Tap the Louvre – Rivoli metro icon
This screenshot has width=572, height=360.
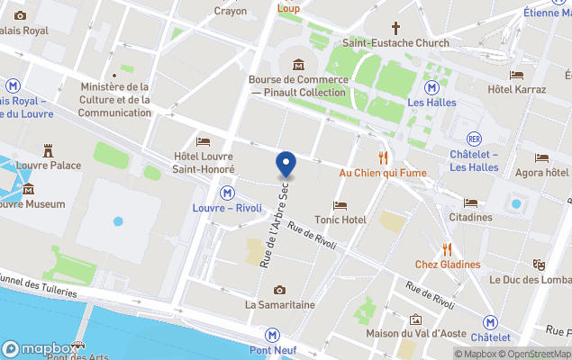pos(227,193)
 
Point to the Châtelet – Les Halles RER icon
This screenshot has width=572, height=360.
pos(474,139)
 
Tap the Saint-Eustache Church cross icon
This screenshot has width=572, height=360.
pos(395,28)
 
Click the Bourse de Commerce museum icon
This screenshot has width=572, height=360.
pos(298,65)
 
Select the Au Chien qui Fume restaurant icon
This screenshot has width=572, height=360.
pos(383,157)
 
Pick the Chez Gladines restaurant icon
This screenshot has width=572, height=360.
pos(447,249)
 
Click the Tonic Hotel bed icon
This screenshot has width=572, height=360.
pos(340,205)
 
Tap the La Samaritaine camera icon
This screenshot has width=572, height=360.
pos(280,290)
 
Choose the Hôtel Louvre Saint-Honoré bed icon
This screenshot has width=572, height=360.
pos(204,141)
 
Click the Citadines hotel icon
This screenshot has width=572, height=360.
pos(470,202)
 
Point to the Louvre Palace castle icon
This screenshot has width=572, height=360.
pos(48,150)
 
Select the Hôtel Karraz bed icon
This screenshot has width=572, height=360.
pos(516,76)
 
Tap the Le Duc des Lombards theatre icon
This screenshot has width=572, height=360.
pos(539,265)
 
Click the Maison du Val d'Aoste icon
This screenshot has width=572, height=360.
pos(415,319)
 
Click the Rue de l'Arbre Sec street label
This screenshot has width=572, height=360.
pos(277,220)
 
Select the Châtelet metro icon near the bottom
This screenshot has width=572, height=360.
pos(490,322)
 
